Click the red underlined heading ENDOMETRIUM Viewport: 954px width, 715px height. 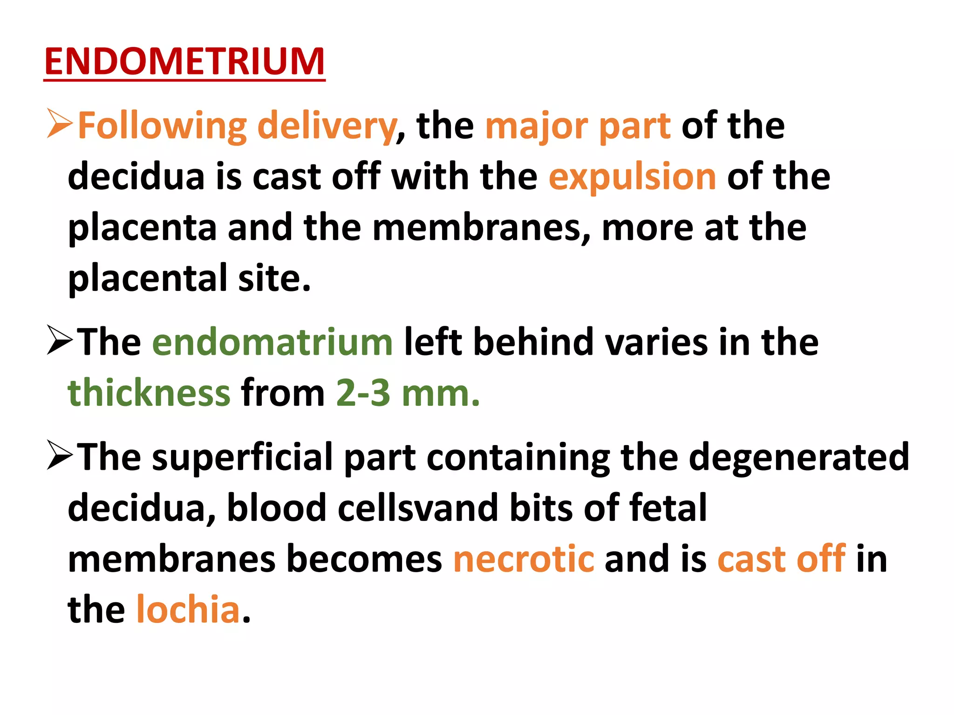pyautogui.click(x=184, y=62)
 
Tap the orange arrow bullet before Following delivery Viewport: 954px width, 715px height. pyautogui.click(x=60, y=124)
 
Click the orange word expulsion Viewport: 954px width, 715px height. pyautogui.click(x=632, y=177)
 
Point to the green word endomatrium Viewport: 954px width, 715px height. pyautogui.click(x=273, y=342)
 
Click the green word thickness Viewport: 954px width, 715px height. pyautogui.click(x=149, y=393)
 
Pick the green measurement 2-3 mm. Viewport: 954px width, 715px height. pyautogui.click(x=408, y=393)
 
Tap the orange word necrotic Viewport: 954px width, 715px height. pyautogui.click(x=524, y=559)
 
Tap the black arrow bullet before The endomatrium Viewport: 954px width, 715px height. pyautogui.click(x=60, y=341)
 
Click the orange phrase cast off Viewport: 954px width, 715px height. pyautogui.click(x=781, y=559)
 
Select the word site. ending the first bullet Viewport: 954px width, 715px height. pyautogui.click(x=274, y=278)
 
